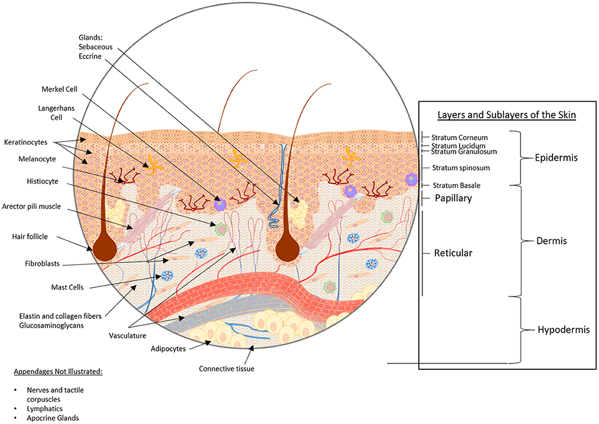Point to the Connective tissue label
(x=227, y=368)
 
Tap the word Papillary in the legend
(x=453, y=198)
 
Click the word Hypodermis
(x=564, y=330)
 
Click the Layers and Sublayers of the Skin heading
(x=508, y=116)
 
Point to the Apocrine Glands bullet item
(x=52, y=418)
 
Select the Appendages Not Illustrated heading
(x=56, y=371)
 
